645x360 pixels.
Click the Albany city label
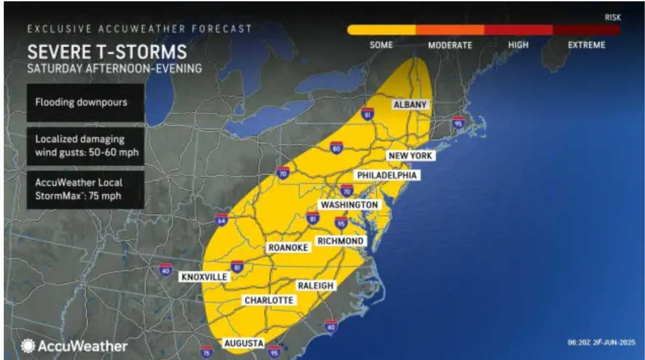pyautogui.click(x=410, y=105)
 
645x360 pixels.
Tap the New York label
pyautogui.click(x=410, y=156)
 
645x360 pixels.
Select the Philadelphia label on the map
pyautogui.click(x=386, y=175)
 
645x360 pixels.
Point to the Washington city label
pyautogui.click(x=349, y=205)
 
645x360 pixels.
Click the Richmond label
pyautogui.click(x=341, y=241)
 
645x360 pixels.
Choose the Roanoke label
pyautogui.click(x=288, y=248)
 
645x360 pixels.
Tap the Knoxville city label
pyautogui.click(x=205, y=277)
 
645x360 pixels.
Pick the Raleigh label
pyautogui.click(x=315, y=285)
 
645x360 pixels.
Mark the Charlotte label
pyautogui.click(x=269, y=300)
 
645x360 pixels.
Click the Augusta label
pyautogui.click(x=244, y=343)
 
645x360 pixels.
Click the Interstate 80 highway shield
pyautogui.click(x=337, y=148)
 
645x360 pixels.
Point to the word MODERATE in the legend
pyautogui.click(x=450, y=45)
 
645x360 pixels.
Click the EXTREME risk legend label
pyautogui.click(x=587, y=45)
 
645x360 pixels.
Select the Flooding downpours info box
pyautogui.click(x=85, y=102)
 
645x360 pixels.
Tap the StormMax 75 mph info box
pyautogui.click(x=85, y=189)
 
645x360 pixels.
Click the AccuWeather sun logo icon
pyautogui.click(x=28, y=346)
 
